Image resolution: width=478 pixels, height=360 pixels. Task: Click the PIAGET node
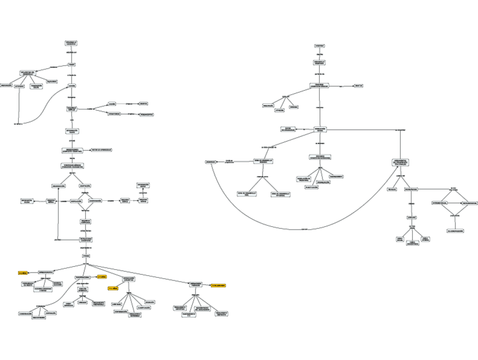[72, 64]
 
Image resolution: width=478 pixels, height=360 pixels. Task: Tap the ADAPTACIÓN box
[86, 186]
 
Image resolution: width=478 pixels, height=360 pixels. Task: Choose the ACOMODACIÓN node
[95, 200]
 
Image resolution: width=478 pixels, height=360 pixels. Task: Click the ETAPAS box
[86, 256]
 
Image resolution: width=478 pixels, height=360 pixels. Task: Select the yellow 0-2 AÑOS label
[23, 273]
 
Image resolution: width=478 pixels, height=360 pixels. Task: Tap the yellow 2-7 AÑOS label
[102, 277]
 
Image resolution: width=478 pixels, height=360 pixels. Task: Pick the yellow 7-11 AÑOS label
[113, 288]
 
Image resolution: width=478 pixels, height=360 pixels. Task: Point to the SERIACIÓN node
[149, 302]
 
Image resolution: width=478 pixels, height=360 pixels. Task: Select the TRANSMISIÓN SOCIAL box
[36, 86]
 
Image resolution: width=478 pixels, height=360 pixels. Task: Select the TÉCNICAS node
[392, 189]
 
